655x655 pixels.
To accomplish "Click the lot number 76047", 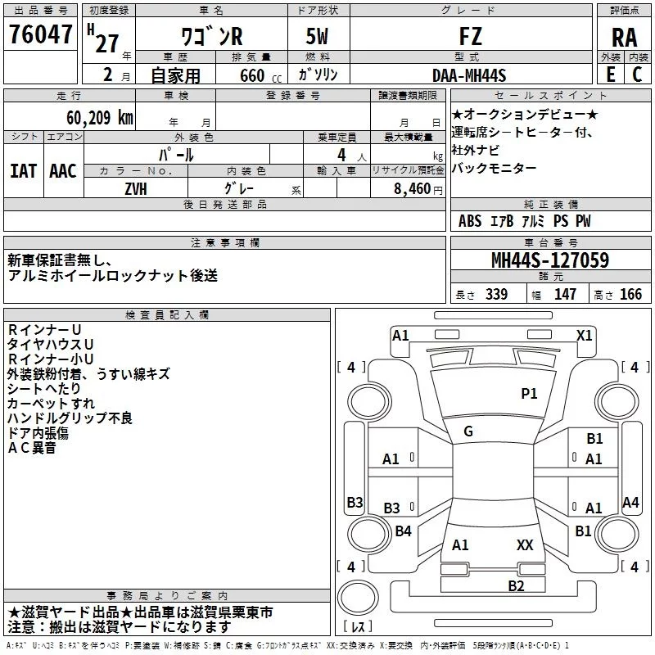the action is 40,34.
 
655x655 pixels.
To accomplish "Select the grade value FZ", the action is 470,36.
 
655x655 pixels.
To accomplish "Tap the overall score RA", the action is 624,38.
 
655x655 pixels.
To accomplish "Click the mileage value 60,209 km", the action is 99,118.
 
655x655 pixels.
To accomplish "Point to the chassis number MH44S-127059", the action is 550,260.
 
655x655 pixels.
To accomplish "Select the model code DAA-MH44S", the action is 469,75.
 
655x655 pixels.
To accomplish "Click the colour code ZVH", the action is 136,189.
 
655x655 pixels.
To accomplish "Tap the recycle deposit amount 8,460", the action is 412,189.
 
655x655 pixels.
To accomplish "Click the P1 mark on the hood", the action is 529,394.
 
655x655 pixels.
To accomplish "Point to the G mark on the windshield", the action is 468,431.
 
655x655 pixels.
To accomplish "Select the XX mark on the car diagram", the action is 525,544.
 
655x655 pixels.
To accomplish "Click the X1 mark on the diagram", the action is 584,336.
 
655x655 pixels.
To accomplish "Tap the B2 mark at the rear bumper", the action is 516,585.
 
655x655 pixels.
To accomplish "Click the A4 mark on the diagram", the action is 630,502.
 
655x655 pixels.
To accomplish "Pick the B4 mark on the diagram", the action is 403,531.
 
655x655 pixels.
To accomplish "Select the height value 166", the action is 630,294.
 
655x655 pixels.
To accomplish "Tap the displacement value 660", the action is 252,75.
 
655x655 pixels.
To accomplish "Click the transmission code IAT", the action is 23,171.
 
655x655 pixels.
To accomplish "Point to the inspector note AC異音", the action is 32,448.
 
